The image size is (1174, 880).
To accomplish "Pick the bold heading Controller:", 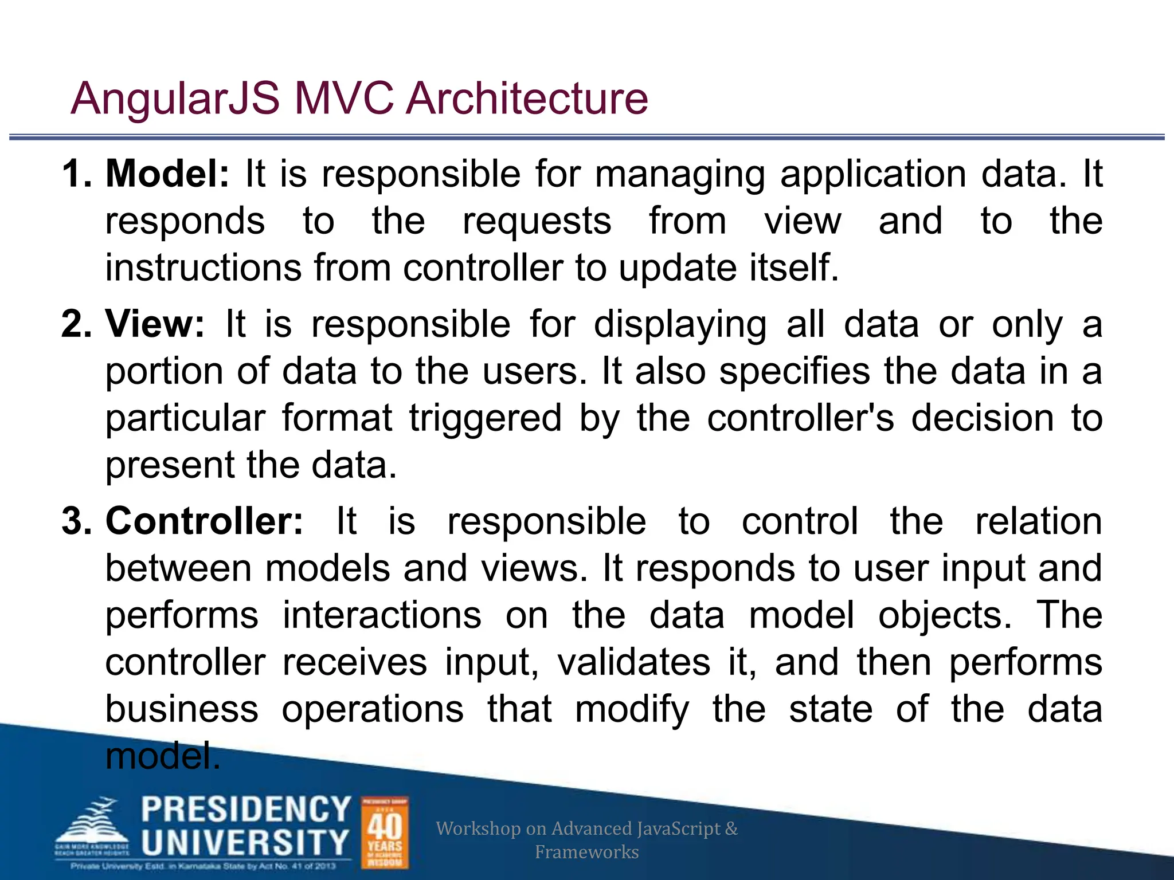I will click(x=204, y=521).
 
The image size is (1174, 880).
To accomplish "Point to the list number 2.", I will click(x=76, y=324).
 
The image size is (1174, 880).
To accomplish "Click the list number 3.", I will click(x=76, y=521).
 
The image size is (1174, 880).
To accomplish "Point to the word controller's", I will click(x=800, y=418).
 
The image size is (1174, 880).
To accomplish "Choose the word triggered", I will click(x=485, y=418).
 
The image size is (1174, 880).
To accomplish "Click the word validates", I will click(x=634, y=662).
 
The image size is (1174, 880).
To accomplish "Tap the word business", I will click(x=182, y=709).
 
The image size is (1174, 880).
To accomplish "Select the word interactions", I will click(x=382, y=615).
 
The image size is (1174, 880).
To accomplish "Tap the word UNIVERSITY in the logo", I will click(x=245, y=843).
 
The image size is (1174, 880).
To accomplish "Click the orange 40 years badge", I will click(x=385, y=832).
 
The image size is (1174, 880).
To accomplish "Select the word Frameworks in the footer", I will click(x=586, y=852).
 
